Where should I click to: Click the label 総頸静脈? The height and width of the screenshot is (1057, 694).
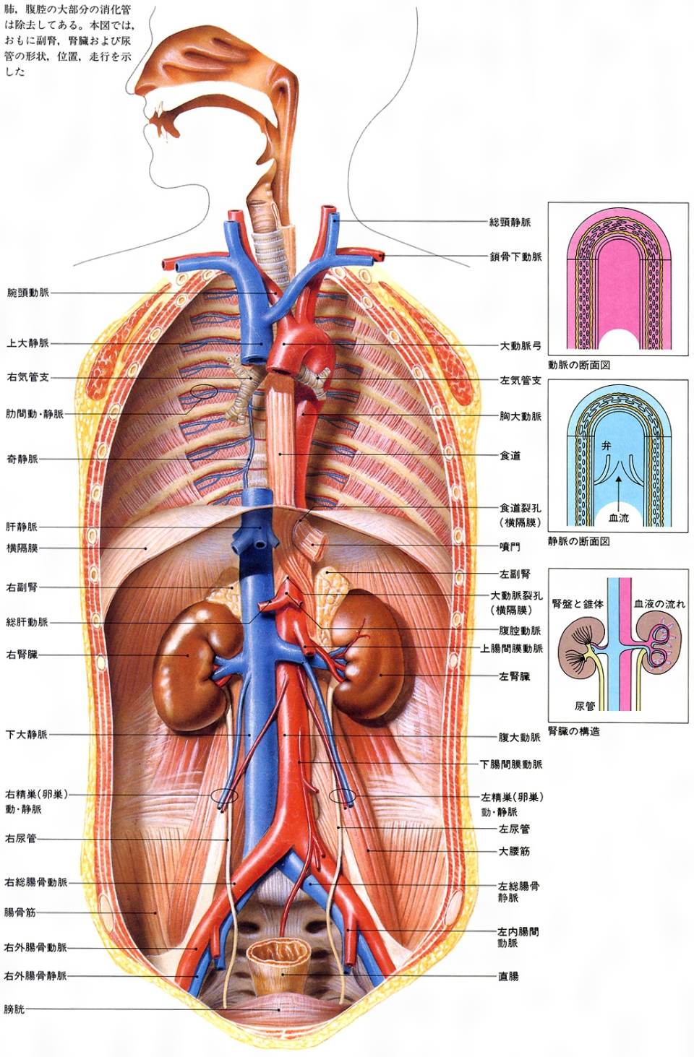tap(510, 222)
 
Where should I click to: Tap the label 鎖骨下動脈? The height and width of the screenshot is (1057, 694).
tap(515, 256)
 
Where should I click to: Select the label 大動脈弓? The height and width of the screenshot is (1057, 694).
tap(520, 346)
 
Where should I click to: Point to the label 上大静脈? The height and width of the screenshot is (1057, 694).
tap(27, 343)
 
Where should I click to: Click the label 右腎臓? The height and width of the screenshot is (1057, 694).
tap(22, 655)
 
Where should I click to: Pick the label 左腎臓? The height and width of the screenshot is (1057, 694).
tap(514, 676)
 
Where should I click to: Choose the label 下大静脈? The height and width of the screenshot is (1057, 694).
tap(26, 734)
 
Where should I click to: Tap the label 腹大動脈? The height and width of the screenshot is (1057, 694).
tap(519, 738)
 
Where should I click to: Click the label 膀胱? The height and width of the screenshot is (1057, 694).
tap(14, 1009)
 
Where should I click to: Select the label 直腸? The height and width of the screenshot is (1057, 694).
tap(508, 976)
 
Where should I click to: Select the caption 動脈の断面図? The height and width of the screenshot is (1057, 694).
tap(578, 365)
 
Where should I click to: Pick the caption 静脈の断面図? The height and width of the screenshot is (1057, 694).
tap(578, 541)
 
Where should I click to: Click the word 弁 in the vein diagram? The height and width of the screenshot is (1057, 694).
tap(607, 446)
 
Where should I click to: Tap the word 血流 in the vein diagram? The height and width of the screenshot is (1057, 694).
tap(619, 517)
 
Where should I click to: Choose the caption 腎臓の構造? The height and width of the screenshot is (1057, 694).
tap(574, 731)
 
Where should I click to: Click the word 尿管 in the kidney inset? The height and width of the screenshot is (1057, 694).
tap(585, 706)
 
